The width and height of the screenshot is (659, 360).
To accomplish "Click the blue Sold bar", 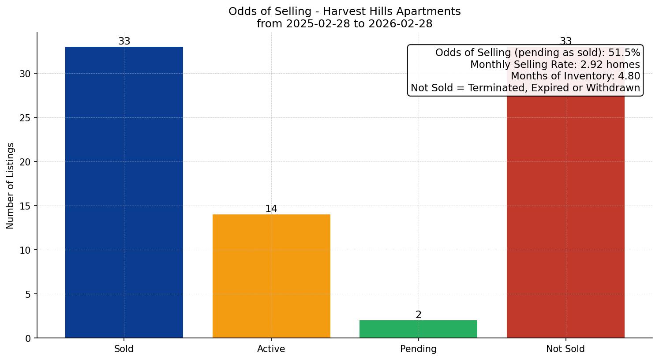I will (x=124, y=192).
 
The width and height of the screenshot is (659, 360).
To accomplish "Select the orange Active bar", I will (x=271, y=276).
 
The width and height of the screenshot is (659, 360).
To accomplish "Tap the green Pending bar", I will (x=418, y=329).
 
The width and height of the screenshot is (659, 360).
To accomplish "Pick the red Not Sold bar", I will (x=565, y=216).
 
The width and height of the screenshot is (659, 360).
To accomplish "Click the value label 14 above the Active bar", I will (x=271, y=209).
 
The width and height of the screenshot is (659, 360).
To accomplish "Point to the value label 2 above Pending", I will (x=418, y=315).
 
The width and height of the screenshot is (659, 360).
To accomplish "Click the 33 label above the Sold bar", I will (x=124, y=41).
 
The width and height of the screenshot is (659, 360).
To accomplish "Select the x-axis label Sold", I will (x=124, y=349).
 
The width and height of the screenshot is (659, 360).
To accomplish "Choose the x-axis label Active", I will (x=271, y=349).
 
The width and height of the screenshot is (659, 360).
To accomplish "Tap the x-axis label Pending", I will (x=418, y=349).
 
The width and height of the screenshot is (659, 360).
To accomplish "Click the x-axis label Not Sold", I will (x=565, y=349).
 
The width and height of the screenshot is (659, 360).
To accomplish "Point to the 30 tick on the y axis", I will (x=25, y=74).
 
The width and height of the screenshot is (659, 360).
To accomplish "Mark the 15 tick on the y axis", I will (x=25, y=206).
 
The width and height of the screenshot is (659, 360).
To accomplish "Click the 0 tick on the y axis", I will (x=28, y=338).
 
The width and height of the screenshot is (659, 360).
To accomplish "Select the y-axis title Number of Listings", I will (x=11, y=185).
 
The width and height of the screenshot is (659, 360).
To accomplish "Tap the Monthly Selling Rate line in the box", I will (x=555, y=64).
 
